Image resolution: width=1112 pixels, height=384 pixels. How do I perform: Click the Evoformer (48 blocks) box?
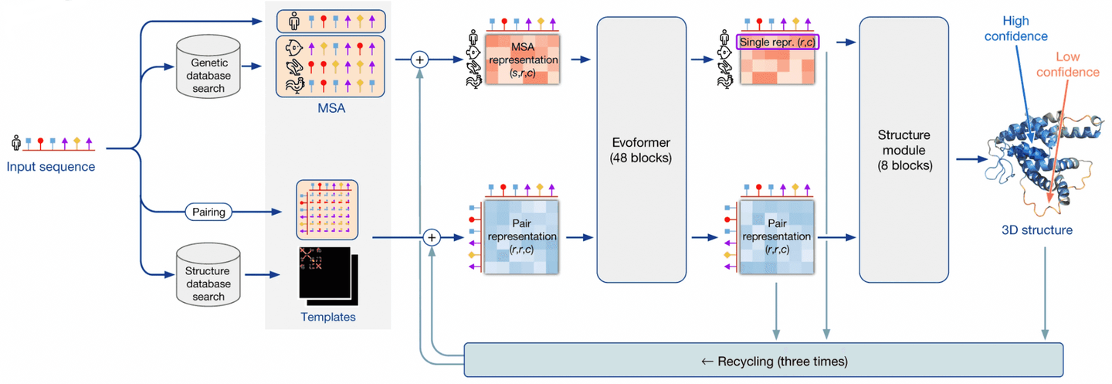coord(641,149)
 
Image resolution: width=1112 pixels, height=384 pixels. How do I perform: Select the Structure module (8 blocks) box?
coord(904,149)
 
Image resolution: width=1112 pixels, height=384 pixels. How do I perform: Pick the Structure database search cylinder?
coord(208,275)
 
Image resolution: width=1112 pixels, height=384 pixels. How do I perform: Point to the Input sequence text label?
coord(51,166)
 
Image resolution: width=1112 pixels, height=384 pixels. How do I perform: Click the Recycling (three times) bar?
coord(763,360)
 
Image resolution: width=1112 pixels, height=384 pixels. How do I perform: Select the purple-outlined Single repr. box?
coord(778,42)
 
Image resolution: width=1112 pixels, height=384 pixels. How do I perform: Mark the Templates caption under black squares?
coord(327,317)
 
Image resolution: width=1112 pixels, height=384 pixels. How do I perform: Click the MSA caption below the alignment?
coord(331,108)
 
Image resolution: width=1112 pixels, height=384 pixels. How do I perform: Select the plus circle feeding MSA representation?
coord(420,59)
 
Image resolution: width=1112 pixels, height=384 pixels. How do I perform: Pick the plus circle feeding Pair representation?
coord(432,237)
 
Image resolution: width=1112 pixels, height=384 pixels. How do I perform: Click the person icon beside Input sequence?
coord(16,142)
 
